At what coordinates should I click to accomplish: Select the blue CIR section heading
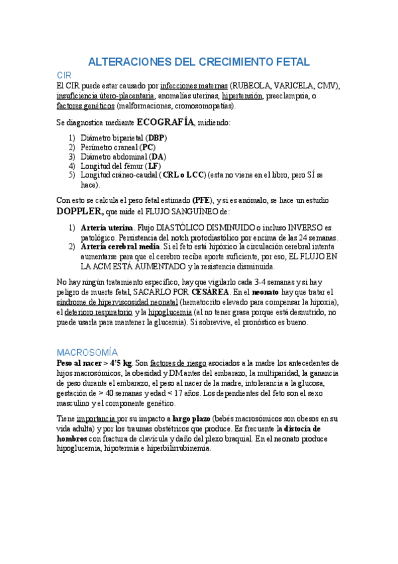(64, 76)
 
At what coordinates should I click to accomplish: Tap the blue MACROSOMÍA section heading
(87, 351)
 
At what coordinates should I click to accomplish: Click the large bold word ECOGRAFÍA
(165, 122)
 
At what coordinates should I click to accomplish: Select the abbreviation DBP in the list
(157, 138)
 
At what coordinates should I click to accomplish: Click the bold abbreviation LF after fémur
(152, 166)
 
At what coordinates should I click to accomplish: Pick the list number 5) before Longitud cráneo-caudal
(72, 175)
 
